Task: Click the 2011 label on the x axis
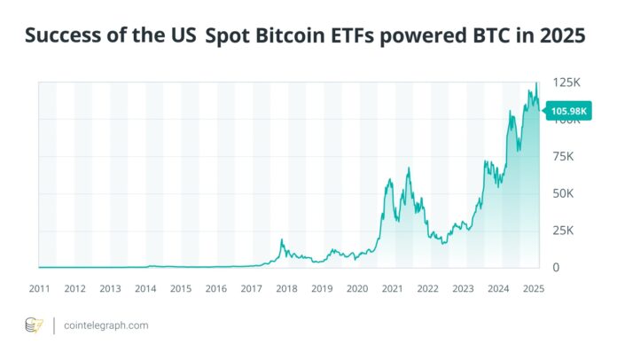(39, 289)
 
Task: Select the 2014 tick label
(145, 289)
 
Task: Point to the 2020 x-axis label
(357, 289)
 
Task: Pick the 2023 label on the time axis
(463, 289)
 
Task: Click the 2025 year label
(534, 289)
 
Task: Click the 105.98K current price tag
(571, 111)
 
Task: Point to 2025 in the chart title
(562, 37)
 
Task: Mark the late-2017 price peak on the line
(282, 239)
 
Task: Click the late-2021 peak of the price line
(409, 168)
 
